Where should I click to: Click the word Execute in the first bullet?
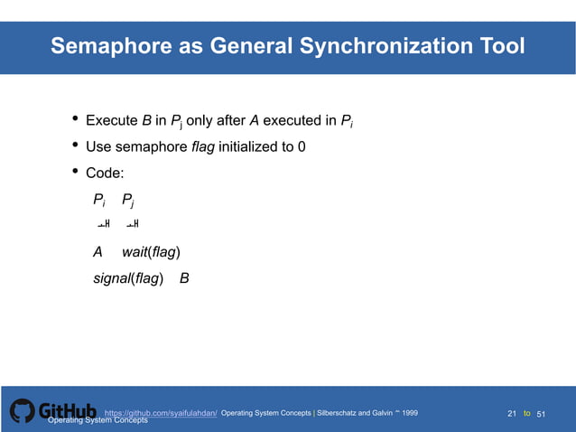(x=112, y=121)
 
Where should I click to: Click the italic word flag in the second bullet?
(x=203, y=147)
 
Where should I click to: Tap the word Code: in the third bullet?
(x=105, y=174)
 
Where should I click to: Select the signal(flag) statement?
(x=128, y=278)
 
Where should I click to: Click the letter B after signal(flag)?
(x=184, y=278)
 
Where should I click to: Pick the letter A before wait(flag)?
(x=98, y=252)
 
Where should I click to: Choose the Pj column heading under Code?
(x=132, y=201)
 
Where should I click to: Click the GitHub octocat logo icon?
(x=23, y=411)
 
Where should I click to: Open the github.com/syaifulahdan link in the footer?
(x=161, y=413)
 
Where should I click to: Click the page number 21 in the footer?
(x=512, y=414)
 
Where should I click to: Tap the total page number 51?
(x=542, y=414)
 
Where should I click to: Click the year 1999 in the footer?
(x=410, y=413)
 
